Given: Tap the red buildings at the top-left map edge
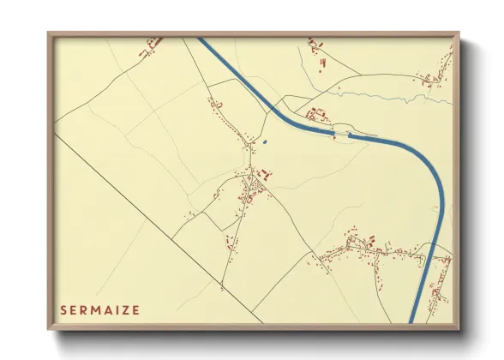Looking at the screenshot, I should pyautogui.click(x=152, y=43).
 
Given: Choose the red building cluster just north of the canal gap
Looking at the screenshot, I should pyautogui.click(x=317, y=113).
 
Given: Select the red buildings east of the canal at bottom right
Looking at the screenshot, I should pyautogui.click(x=440, y=287).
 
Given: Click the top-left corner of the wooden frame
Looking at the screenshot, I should pyautogui.click(x=48, y=33).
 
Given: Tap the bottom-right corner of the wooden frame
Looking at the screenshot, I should pyautogui.click(x=460, y=328).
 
